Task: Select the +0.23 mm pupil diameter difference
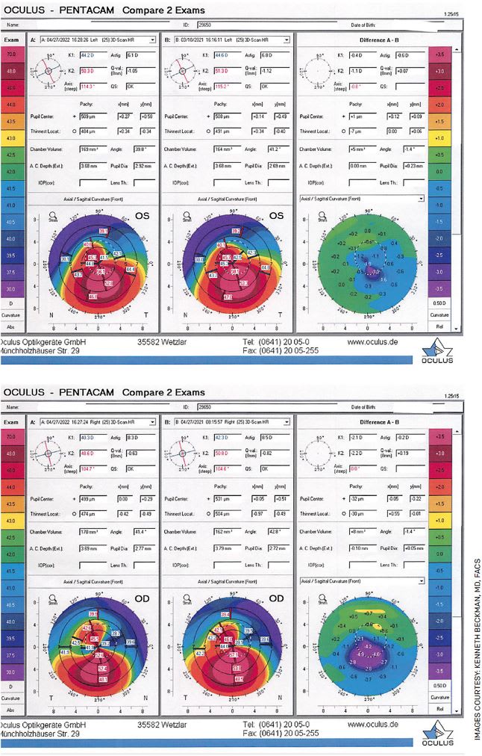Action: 396,164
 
